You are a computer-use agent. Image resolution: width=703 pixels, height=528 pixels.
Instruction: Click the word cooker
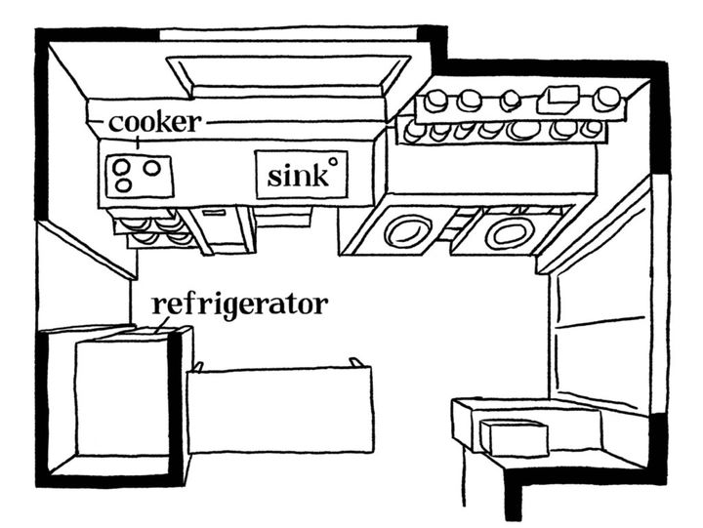tap(155, 122)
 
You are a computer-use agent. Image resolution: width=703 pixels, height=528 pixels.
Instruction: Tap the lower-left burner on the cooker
tap(122, 183)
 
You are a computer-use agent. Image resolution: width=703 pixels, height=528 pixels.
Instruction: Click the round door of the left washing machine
tap(403, 232)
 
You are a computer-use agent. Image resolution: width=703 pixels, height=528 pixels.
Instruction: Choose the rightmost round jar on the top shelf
tap(606, 98)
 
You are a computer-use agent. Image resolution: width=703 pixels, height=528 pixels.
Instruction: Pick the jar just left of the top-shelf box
tap(511, 100)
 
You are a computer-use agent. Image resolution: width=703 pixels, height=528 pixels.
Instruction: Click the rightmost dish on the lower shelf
tap(591, 129)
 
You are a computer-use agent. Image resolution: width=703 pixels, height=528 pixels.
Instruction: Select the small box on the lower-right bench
tap(514, 438)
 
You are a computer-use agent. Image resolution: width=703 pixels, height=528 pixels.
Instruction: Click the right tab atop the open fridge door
tap(356, 363)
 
